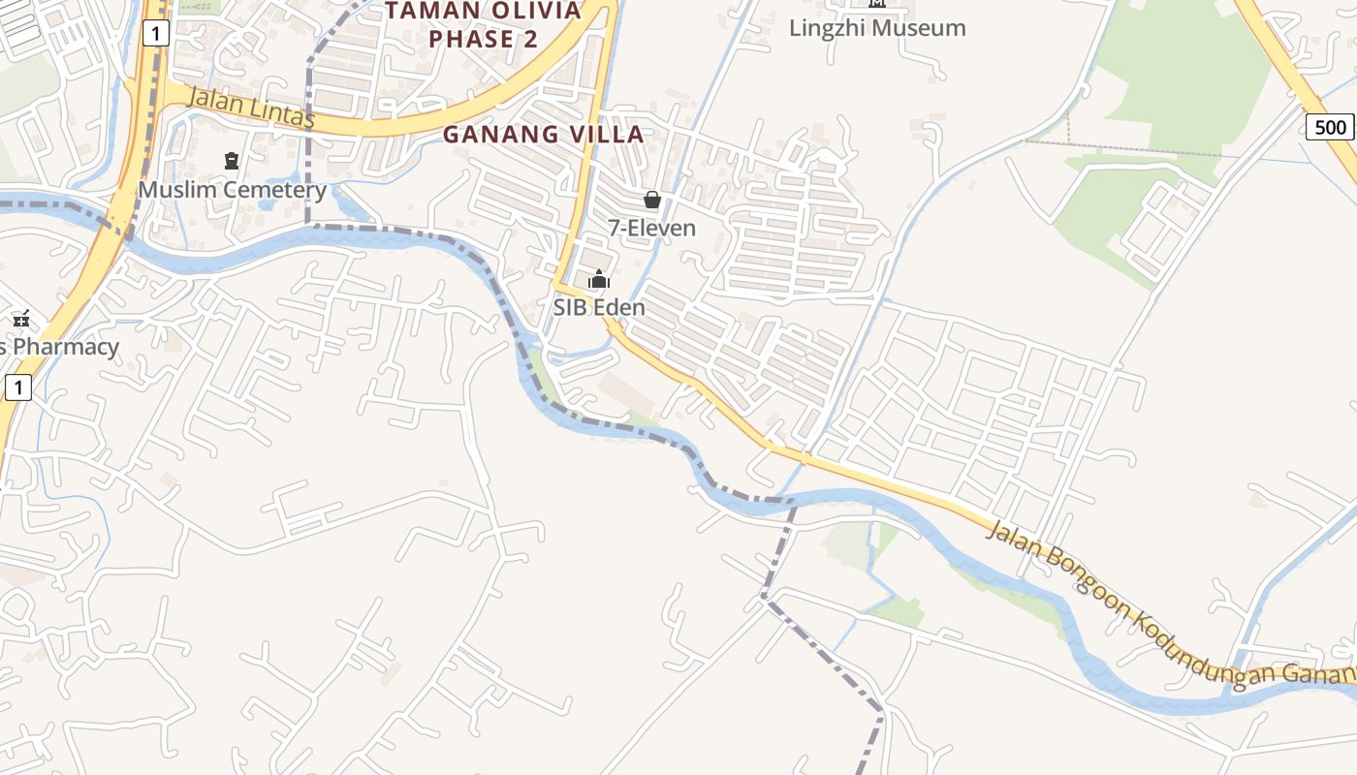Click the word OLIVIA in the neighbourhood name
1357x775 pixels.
[x=527, y=11]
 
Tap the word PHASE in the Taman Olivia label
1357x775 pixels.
[x=471, y=40]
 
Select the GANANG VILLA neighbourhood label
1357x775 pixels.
[x=544, y=135]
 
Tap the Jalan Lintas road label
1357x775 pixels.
[x=250, y=108]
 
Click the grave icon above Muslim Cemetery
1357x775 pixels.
[x=232, y=160]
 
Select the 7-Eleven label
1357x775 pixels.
[x=651, y=229]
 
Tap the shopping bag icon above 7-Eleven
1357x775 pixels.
[x=652, y=200]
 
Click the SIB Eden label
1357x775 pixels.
[x=599, y=307]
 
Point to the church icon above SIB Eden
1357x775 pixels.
[x=599, y=280]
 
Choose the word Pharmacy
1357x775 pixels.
[x=66, y=347]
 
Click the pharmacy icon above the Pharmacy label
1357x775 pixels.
[x=21, y=318]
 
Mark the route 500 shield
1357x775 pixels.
[x=1330, y=127]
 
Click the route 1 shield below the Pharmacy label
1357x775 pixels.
[x=18, y=388]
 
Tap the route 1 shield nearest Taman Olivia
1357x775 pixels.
[x=156, y=34]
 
